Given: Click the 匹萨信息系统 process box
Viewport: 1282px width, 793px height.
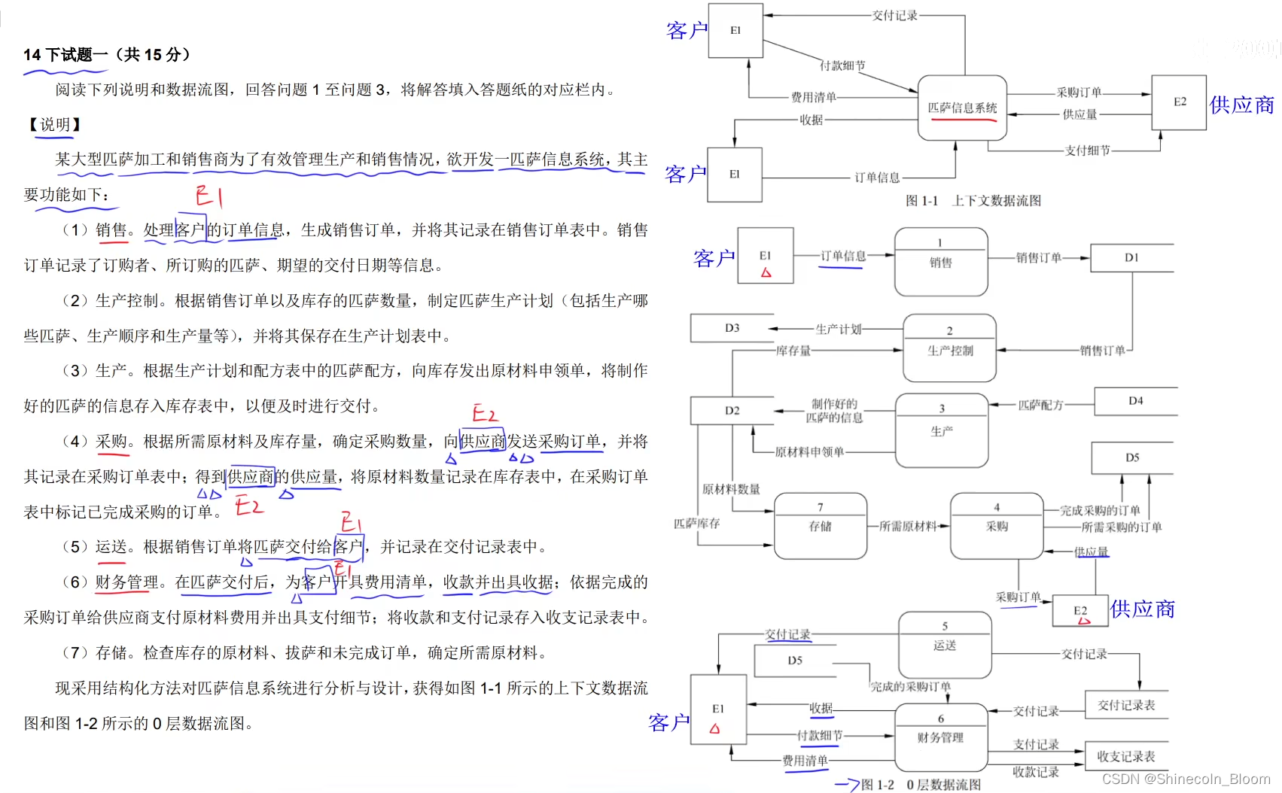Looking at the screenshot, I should point(961,108).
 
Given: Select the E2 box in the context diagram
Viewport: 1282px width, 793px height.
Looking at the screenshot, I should point(1179,102).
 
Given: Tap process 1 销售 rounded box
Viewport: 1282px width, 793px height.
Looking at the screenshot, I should point(940,261).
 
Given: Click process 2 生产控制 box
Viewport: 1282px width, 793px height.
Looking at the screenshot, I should point(949,348).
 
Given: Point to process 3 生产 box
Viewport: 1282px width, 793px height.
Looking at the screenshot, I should point(941,430).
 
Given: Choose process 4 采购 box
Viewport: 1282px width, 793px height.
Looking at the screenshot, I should point(996,525).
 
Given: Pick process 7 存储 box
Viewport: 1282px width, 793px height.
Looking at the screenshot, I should point(820,525).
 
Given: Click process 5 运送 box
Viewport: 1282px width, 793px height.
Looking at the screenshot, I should point(945,644).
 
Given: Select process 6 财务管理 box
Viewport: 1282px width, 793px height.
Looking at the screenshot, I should point(940,736).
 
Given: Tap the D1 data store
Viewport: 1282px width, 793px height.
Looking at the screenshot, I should point(1131,257).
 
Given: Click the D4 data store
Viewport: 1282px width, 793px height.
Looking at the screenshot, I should point(1135,401).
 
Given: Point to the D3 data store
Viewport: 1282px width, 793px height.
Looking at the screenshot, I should point(732,328).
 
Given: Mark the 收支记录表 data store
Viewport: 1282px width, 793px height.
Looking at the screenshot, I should point(1125,756).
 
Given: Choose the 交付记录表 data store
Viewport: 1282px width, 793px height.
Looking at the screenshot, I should point(1125,705).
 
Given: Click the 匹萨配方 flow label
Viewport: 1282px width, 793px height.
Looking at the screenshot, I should point(1040,405).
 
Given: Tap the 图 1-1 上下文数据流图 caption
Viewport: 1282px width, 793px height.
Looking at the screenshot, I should point(973,201).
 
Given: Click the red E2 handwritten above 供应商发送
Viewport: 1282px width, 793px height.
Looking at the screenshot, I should point(485,413).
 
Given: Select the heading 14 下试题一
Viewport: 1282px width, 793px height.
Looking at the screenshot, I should point(107,55).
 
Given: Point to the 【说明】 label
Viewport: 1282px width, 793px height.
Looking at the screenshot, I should point(54,124).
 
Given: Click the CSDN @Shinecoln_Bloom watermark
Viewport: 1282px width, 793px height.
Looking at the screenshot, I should point(1186,779).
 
